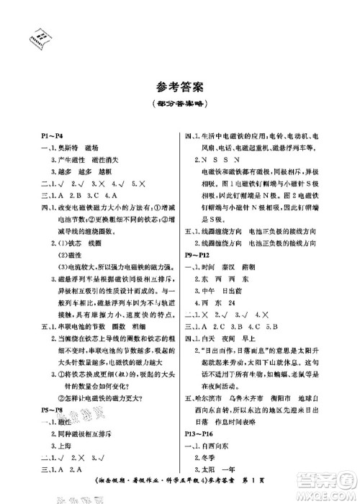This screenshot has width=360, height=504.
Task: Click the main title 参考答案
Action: point(179,89)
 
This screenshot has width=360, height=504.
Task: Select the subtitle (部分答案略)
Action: point(179,104)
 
